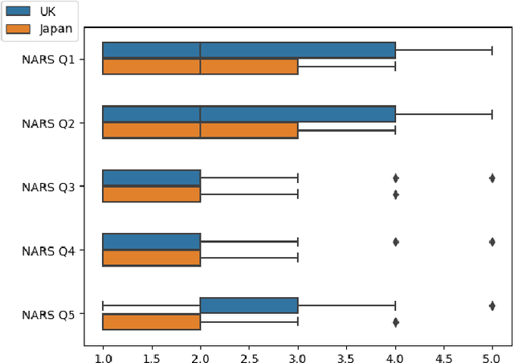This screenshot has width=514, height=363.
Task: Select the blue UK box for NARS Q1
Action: (249, 51)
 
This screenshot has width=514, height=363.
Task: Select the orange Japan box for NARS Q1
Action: (200, 67)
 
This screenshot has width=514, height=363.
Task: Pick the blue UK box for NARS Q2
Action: (249, 114)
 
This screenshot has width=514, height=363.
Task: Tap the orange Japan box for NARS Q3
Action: (151, 194)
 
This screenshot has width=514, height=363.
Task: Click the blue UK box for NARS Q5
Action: (248, 305)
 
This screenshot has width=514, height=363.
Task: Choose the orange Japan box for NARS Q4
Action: (151, 258)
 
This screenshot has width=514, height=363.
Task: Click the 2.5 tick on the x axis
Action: (249, 352)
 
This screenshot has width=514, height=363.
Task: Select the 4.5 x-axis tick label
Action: (443, 352)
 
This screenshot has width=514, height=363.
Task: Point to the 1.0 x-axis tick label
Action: (103, 352)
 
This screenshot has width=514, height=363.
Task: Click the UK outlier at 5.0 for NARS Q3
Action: (492, 178)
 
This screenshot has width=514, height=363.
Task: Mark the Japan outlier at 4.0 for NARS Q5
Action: (395, 322)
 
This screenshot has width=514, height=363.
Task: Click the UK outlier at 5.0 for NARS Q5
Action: (492, 305)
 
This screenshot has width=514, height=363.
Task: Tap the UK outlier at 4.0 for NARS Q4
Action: (395, 242)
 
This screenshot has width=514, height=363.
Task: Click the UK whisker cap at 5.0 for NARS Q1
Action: (492, 51)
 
